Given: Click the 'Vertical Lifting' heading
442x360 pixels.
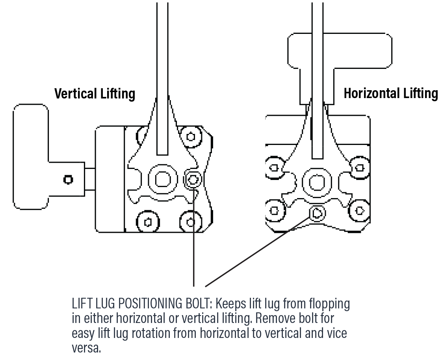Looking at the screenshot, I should tap(95, 94).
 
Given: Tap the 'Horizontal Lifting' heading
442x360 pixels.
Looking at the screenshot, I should tap(390, 93).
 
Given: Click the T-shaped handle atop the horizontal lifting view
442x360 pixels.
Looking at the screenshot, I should tap(340, 50).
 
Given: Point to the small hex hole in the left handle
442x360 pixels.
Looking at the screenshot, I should tap(68, 180).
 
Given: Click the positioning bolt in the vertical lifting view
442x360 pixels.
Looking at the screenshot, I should tap(193, 180).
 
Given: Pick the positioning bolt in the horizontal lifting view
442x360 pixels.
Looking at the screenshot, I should tap(317, 213).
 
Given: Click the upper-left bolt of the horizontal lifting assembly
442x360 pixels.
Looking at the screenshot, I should tap(273, 168).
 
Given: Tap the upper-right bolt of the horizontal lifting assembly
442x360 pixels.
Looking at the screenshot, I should tap(359, 167).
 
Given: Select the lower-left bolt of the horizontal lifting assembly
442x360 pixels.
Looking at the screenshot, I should tap(273, 211).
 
